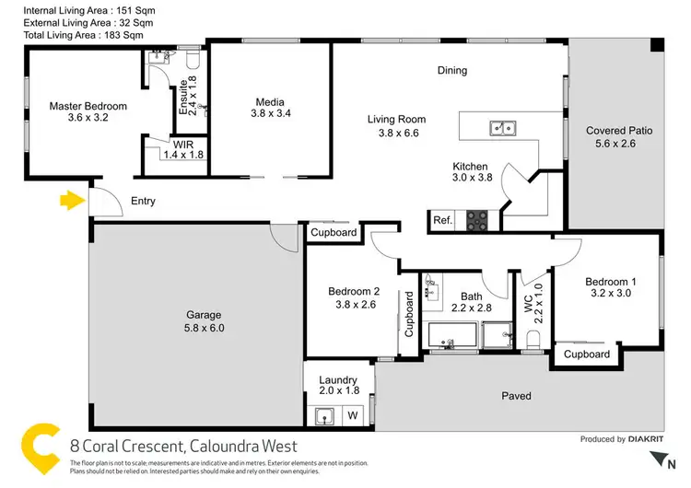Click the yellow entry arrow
coord(69,201)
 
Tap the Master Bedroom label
coord(88,107)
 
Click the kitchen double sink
coord(502,128)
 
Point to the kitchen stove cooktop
coord(476,220)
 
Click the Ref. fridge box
coord(443,220)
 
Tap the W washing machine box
coord(351,416)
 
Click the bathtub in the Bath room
coord(451,336)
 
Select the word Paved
coord(516,396)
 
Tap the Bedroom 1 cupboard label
coord(587,354)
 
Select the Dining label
coord(452,70)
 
